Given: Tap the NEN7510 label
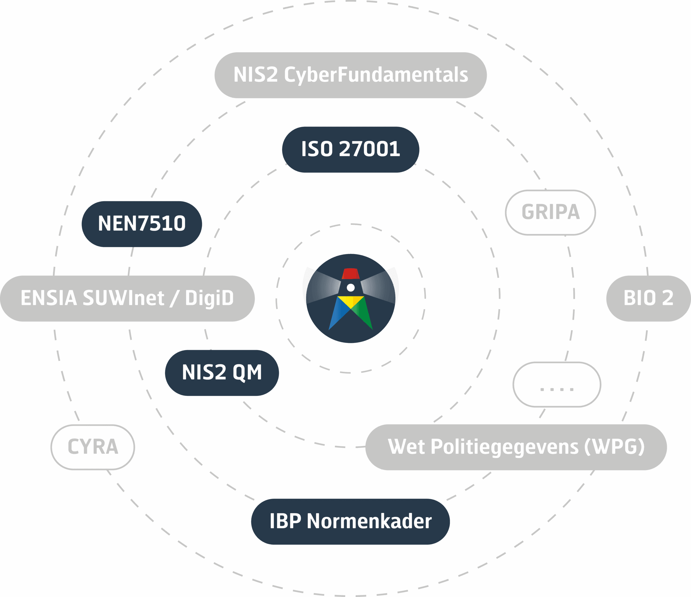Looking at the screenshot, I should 142,224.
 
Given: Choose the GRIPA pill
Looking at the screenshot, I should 550,212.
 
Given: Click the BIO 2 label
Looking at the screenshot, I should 648,298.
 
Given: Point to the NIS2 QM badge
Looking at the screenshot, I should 222,372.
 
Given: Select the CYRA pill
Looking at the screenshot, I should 93,447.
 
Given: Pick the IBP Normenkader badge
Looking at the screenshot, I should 350,521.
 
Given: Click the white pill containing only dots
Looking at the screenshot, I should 557,385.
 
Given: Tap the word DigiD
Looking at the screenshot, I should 209,298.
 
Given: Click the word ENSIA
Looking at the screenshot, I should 49,298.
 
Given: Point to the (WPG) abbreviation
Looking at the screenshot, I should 614,447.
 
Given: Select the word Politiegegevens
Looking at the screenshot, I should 504,447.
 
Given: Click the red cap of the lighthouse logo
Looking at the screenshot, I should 351,274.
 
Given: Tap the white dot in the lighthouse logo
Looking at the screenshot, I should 351,287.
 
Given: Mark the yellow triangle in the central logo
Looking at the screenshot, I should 351,301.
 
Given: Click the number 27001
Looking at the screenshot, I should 369,149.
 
